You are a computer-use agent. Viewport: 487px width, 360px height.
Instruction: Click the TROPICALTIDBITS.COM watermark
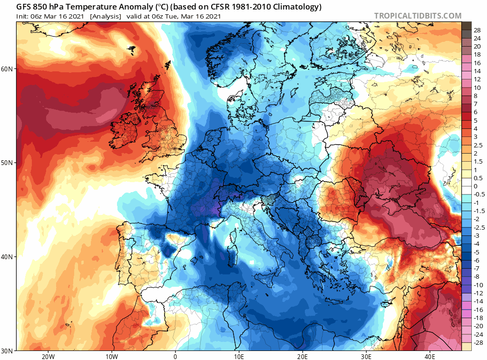click(418, 16)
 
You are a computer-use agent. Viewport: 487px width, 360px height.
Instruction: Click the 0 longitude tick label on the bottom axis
click(175, 356)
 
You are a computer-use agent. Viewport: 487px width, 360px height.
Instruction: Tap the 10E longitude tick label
click(239, 356)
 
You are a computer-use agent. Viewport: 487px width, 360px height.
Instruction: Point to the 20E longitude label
click(302, 356)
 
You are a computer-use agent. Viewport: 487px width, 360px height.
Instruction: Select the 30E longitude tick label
click(366, 356)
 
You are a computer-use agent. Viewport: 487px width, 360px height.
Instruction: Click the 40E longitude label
click(430, 356)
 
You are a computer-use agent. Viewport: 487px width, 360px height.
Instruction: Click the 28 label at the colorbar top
click(477, 30)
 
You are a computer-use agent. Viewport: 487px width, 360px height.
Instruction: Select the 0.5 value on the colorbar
click(478, 178)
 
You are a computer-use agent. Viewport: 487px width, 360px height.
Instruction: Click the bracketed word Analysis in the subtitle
click(106, 16)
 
